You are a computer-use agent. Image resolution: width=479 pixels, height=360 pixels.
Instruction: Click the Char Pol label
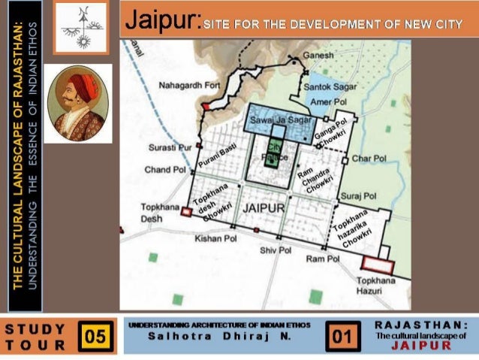pyautogui.click(x=369, y=159)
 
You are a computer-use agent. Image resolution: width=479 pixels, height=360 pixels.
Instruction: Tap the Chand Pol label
pyautogui.click(x=164, y=171)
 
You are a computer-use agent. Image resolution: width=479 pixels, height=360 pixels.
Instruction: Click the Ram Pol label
pyautogui.click(x=324, y=259)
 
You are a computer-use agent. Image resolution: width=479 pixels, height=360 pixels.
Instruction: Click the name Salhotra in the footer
pyautogui.click(x=177, y=336)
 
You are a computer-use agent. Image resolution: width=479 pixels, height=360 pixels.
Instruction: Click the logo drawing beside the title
pyautogui.click(x=82, y=27)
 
